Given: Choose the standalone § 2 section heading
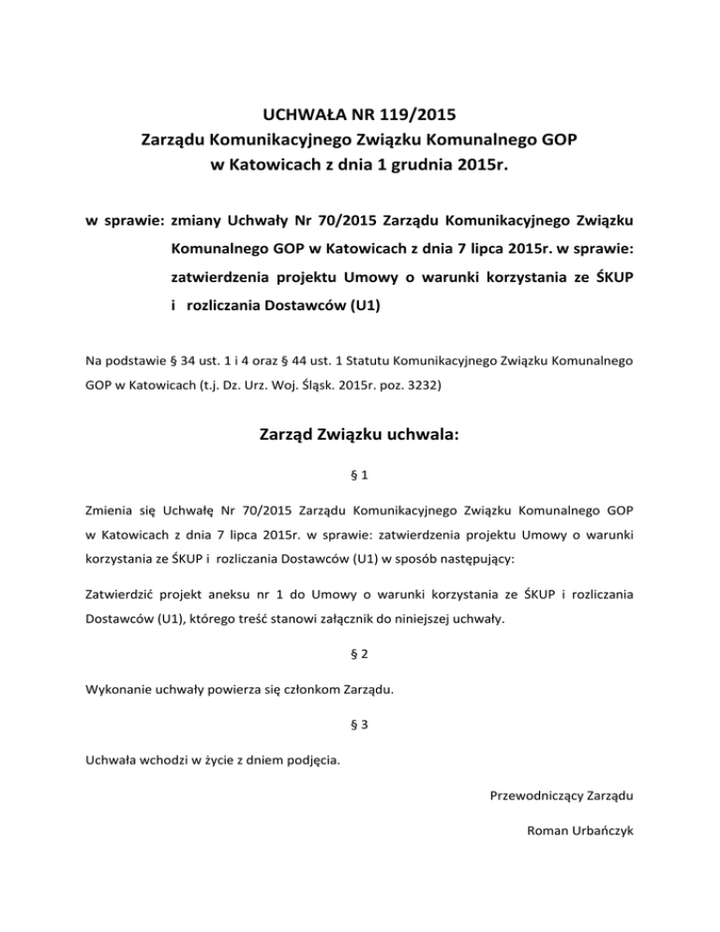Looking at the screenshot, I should click(x=360, y=661).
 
